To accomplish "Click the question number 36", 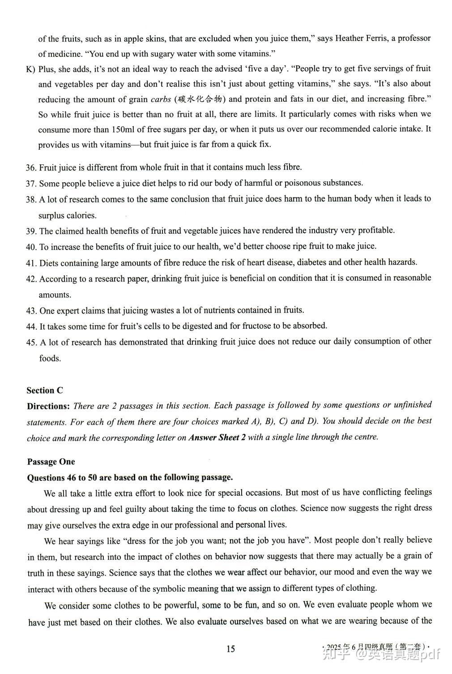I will pos(31,168).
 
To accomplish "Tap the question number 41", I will pos(31,263).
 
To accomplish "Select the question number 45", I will pos(31,343).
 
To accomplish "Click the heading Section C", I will pos(45,391).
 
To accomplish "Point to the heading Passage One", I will pos(51,462).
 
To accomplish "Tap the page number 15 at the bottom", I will pos(230,649).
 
